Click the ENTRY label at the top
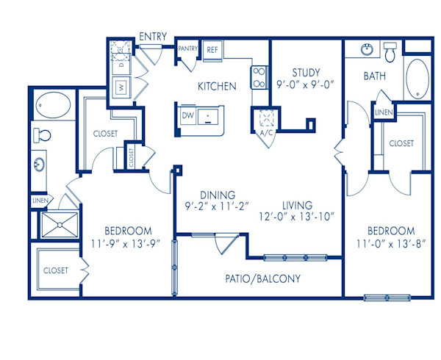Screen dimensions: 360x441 point(153,35)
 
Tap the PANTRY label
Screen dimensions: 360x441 point(188,49)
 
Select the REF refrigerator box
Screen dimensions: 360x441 point(212,50)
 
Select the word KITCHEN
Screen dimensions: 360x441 point(217,86)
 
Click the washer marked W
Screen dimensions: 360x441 point(119,88)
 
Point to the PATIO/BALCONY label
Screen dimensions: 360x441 point(262,279)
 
